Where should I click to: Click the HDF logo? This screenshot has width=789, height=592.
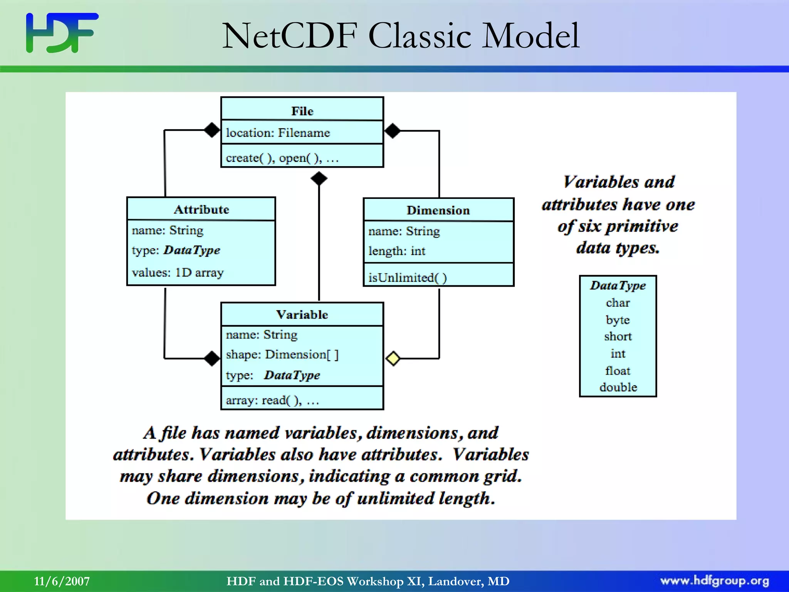(x=62, y=33)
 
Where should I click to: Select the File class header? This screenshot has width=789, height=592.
(x=302, y=111)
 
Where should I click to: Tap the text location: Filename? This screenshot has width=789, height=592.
(x=278, y=133)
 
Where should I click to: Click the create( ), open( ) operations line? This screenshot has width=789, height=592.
(x=282, y=158)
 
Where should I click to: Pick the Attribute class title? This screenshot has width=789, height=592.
(x=201, y=209)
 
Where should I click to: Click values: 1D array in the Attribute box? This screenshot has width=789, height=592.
(x=178, y=272)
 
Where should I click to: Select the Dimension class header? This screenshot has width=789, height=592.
(x=438, y=210)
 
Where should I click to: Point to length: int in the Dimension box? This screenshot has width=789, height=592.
(x=397, y=251)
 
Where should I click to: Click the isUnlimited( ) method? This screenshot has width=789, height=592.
(x=408, y=277)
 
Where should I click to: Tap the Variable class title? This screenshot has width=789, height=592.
(x=302, y=314)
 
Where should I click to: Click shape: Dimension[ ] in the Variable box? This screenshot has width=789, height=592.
(x=282, y=355)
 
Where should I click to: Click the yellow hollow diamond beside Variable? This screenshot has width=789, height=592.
(x=393, y=358)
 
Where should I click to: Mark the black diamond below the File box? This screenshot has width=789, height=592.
(x=319, y=178)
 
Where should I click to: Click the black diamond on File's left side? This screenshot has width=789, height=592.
(x=212, y=130)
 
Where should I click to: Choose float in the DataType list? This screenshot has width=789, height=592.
(x=618, y=371)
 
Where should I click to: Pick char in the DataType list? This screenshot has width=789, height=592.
(x=618, y=303)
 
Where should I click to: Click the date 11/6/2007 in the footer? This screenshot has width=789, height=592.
(x=62, y=581)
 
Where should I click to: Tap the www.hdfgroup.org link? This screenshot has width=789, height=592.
(x=715, y=581)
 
